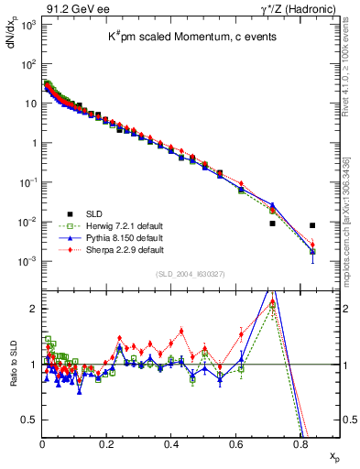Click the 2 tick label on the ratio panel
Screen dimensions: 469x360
click(x=35, y=309)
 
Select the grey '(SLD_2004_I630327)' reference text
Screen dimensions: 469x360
click(x=191, y=274)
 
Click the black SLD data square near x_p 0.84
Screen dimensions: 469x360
click(x=312, y=225)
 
